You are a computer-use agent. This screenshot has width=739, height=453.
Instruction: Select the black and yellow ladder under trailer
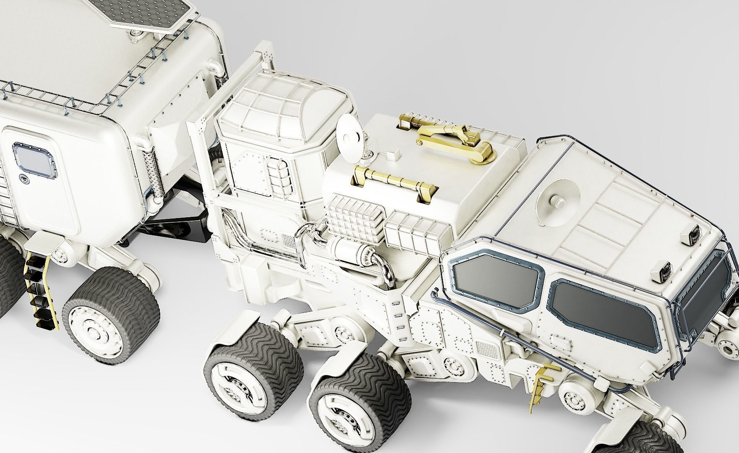point(38,294)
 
